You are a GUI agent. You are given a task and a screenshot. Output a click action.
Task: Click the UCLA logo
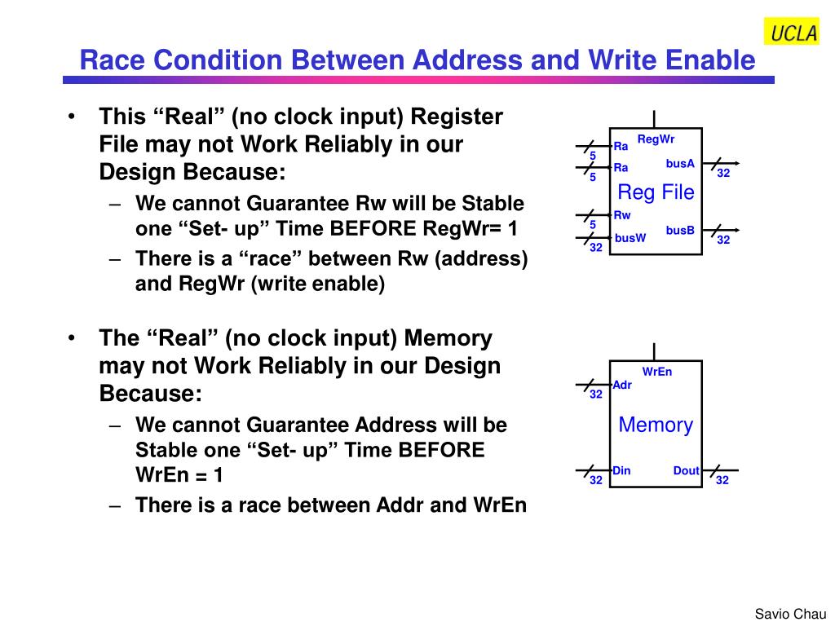[x=791, y=32]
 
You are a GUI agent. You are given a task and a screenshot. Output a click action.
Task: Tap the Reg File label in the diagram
[x=656, y=192]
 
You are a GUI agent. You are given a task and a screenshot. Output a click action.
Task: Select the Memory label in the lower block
[x=656, y=425]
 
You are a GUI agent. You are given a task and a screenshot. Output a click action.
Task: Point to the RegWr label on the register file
[x=656, y=139]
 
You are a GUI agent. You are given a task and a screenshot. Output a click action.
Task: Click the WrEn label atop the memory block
[x=656, y=372]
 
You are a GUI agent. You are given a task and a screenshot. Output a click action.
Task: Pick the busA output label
[x=679, y=164]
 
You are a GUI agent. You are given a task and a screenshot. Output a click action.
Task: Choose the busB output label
[x=679, y=231]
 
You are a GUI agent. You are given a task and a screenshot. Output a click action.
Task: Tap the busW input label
[x=630, y=238]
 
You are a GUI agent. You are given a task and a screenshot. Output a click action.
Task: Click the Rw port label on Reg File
[x=622, y=215]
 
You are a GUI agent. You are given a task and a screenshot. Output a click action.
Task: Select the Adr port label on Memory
[x=622, y=386]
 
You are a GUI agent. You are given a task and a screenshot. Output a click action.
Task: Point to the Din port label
[x=622, y=470]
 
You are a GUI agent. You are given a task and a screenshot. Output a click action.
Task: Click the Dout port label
[x=687, y=470]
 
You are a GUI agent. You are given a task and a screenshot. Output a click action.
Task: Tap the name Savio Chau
[x=790, y=614]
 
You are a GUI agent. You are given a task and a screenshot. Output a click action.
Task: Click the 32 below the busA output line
[x=722, y=174]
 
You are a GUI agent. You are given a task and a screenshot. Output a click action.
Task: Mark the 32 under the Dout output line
[x=722, y=481]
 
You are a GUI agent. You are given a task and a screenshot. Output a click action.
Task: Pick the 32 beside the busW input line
[x=596, y=248]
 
